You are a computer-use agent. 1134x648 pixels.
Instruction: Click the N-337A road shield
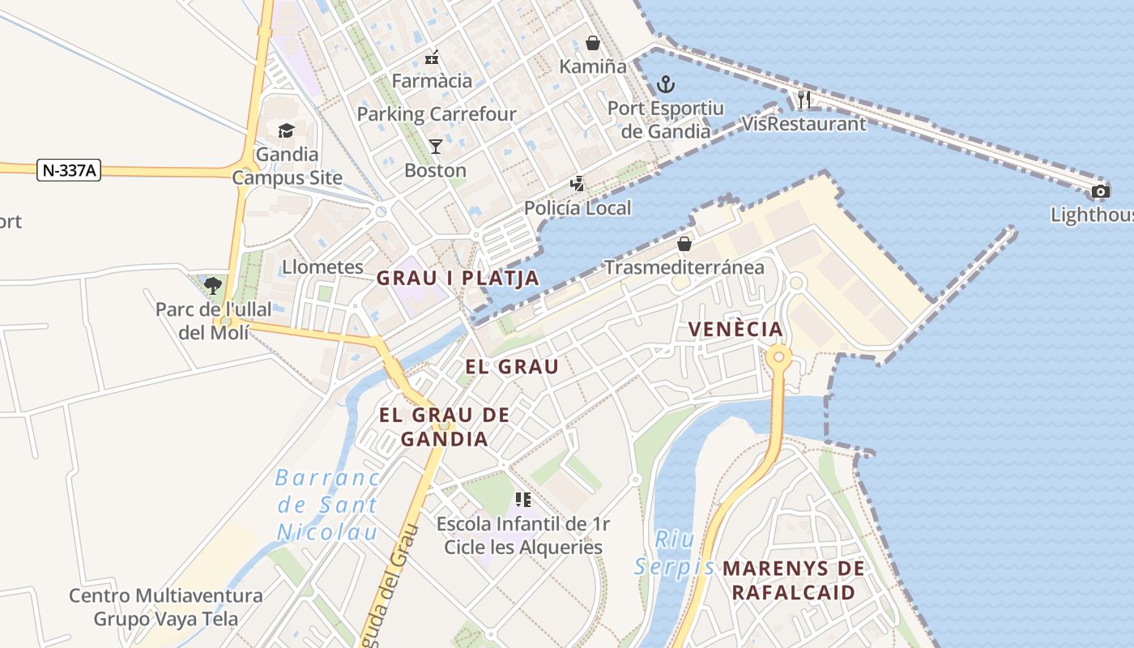pyautogui.click(x=69, y=170)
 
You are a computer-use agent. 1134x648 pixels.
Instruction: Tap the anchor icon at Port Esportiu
pyautogui.click(x=665, y=83)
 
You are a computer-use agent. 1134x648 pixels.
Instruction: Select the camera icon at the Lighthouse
pyautogui.click(x=1100, y=192)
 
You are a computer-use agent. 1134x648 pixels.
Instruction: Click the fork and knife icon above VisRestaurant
pyautogui.click(x=804, y=100)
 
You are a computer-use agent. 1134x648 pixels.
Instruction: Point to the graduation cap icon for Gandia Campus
pyautogui.click(x=286, y=130)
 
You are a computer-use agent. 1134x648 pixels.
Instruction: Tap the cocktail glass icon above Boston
pyautogui.click(x=436, y=147)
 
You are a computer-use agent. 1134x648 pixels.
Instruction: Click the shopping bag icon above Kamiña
pyautogui.click(x=593, y=43)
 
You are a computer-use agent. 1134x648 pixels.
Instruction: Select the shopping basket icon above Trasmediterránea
pyautogui.click(x=684, y=243)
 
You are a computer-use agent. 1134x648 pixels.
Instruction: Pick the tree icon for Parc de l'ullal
pyautogui.click(x=213, y=285)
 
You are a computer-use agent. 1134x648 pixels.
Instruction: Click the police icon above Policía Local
pyautogui.click(x=577, y=184)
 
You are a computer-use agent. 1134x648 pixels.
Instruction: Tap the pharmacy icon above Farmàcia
pyautogui.click(x=432, y=58)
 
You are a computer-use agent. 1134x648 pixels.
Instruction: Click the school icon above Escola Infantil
pyautogui.click(x=522, y=500)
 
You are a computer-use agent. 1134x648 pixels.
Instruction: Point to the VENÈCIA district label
pyautogui.click(x=735, y=329)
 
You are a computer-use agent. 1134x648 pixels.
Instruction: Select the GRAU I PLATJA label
pyautogui.click(x=458, y=278)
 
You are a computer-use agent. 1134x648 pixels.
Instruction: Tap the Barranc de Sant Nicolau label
pyautogui.click(x=327, y=505)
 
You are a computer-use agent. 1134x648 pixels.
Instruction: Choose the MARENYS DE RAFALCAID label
pyautogui.click(x=793, y=580)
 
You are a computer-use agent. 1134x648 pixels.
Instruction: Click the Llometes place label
pyautogui.click(x=322, y=266)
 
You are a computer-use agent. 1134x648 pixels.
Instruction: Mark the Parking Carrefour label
pyautogui.click(x=436, y=114)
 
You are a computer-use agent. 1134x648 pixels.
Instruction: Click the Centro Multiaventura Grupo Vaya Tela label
pyautogui.click(x=166, y=607)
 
